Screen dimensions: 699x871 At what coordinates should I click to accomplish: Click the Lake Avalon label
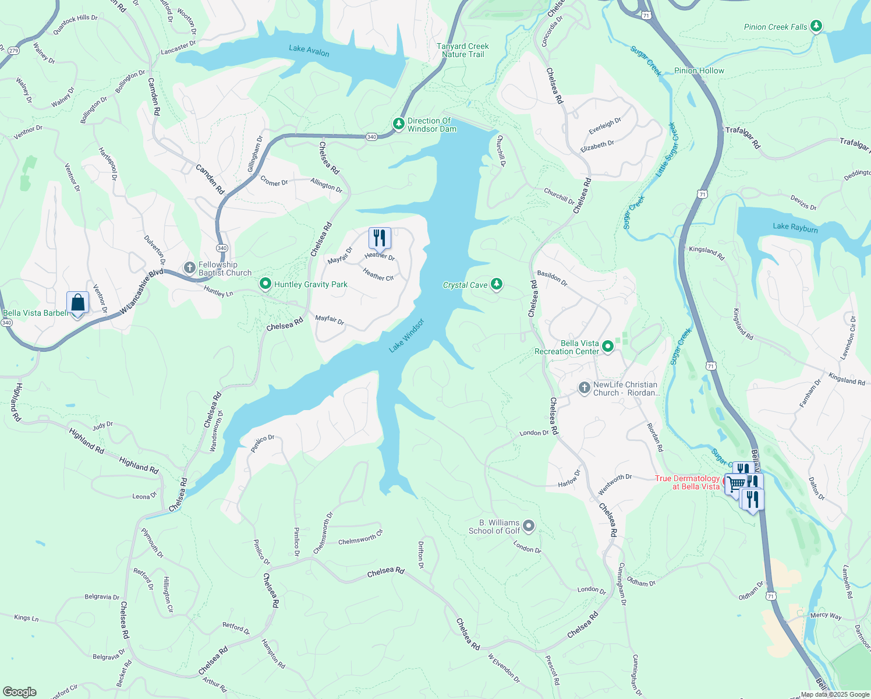point(309,51)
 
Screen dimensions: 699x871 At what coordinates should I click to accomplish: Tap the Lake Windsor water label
point(406,336)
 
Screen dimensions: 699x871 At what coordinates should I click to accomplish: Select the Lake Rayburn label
point(795,228)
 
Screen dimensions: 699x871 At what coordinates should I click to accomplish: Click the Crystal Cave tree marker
point(497,284)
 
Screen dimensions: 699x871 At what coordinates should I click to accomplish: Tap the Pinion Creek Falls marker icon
point(816,26)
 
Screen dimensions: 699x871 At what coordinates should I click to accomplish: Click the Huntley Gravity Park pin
point(265,284)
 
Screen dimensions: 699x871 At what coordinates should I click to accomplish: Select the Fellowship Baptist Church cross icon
point(189,268)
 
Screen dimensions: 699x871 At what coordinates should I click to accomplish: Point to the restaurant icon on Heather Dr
point(380,238)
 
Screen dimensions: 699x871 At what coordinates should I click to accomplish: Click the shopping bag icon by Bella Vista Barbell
point(78,303)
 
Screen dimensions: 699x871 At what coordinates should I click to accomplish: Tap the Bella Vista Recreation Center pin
point(608,347)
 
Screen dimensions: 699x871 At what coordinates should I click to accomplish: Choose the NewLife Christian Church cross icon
point(585,389)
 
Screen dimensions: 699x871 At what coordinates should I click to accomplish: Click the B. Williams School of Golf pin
point(529,526)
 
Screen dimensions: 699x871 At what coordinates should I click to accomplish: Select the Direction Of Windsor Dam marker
point(398,124)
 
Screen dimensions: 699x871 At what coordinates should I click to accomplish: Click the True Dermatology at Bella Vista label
point(687,482)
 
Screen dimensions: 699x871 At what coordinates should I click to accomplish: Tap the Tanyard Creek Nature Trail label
point(463,50)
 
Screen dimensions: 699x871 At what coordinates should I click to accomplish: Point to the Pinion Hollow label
point(699,70)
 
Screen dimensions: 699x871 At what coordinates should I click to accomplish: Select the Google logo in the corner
point(20,692)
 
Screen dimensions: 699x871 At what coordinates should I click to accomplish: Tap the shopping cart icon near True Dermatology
point(735,483)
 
